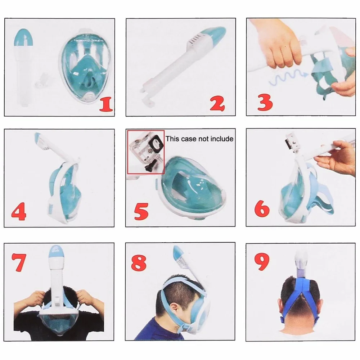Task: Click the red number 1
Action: pos(106,104)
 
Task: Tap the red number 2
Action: pos(217,104)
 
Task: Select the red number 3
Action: pos(265,102)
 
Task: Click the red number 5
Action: pos(141,212)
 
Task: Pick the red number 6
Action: pos(262,208)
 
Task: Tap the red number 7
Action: pos(19,262)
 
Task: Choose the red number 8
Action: pos(139,262)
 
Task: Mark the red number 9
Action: pos(262,261)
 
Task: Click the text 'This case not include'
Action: pos(199,139)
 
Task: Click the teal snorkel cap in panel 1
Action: pos(24,37)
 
